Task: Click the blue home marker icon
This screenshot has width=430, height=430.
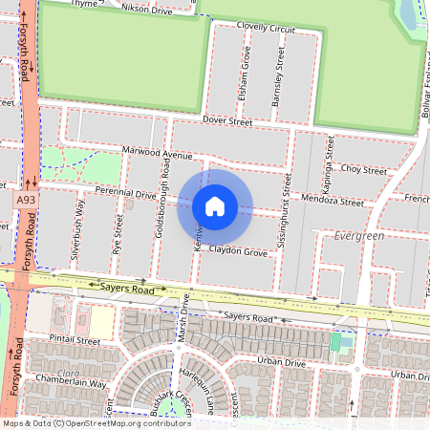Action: (x=215, y=206)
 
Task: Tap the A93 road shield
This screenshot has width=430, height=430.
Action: (x=26, y=200)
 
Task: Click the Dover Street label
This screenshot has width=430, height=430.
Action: (x=226, y=121)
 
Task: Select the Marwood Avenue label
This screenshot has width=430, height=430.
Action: (x=158, y=153)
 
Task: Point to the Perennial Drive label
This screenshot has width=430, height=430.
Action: (x=118, y=194)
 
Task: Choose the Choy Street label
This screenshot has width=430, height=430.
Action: (x=363, y=168)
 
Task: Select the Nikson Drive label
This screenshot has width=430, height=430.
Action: (x=148, y=8)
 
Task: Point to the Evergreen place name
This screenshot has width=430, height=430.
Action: (x=358, y=235)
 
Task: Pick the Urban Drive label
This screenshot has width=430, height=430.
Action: (x=281, y=363)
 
